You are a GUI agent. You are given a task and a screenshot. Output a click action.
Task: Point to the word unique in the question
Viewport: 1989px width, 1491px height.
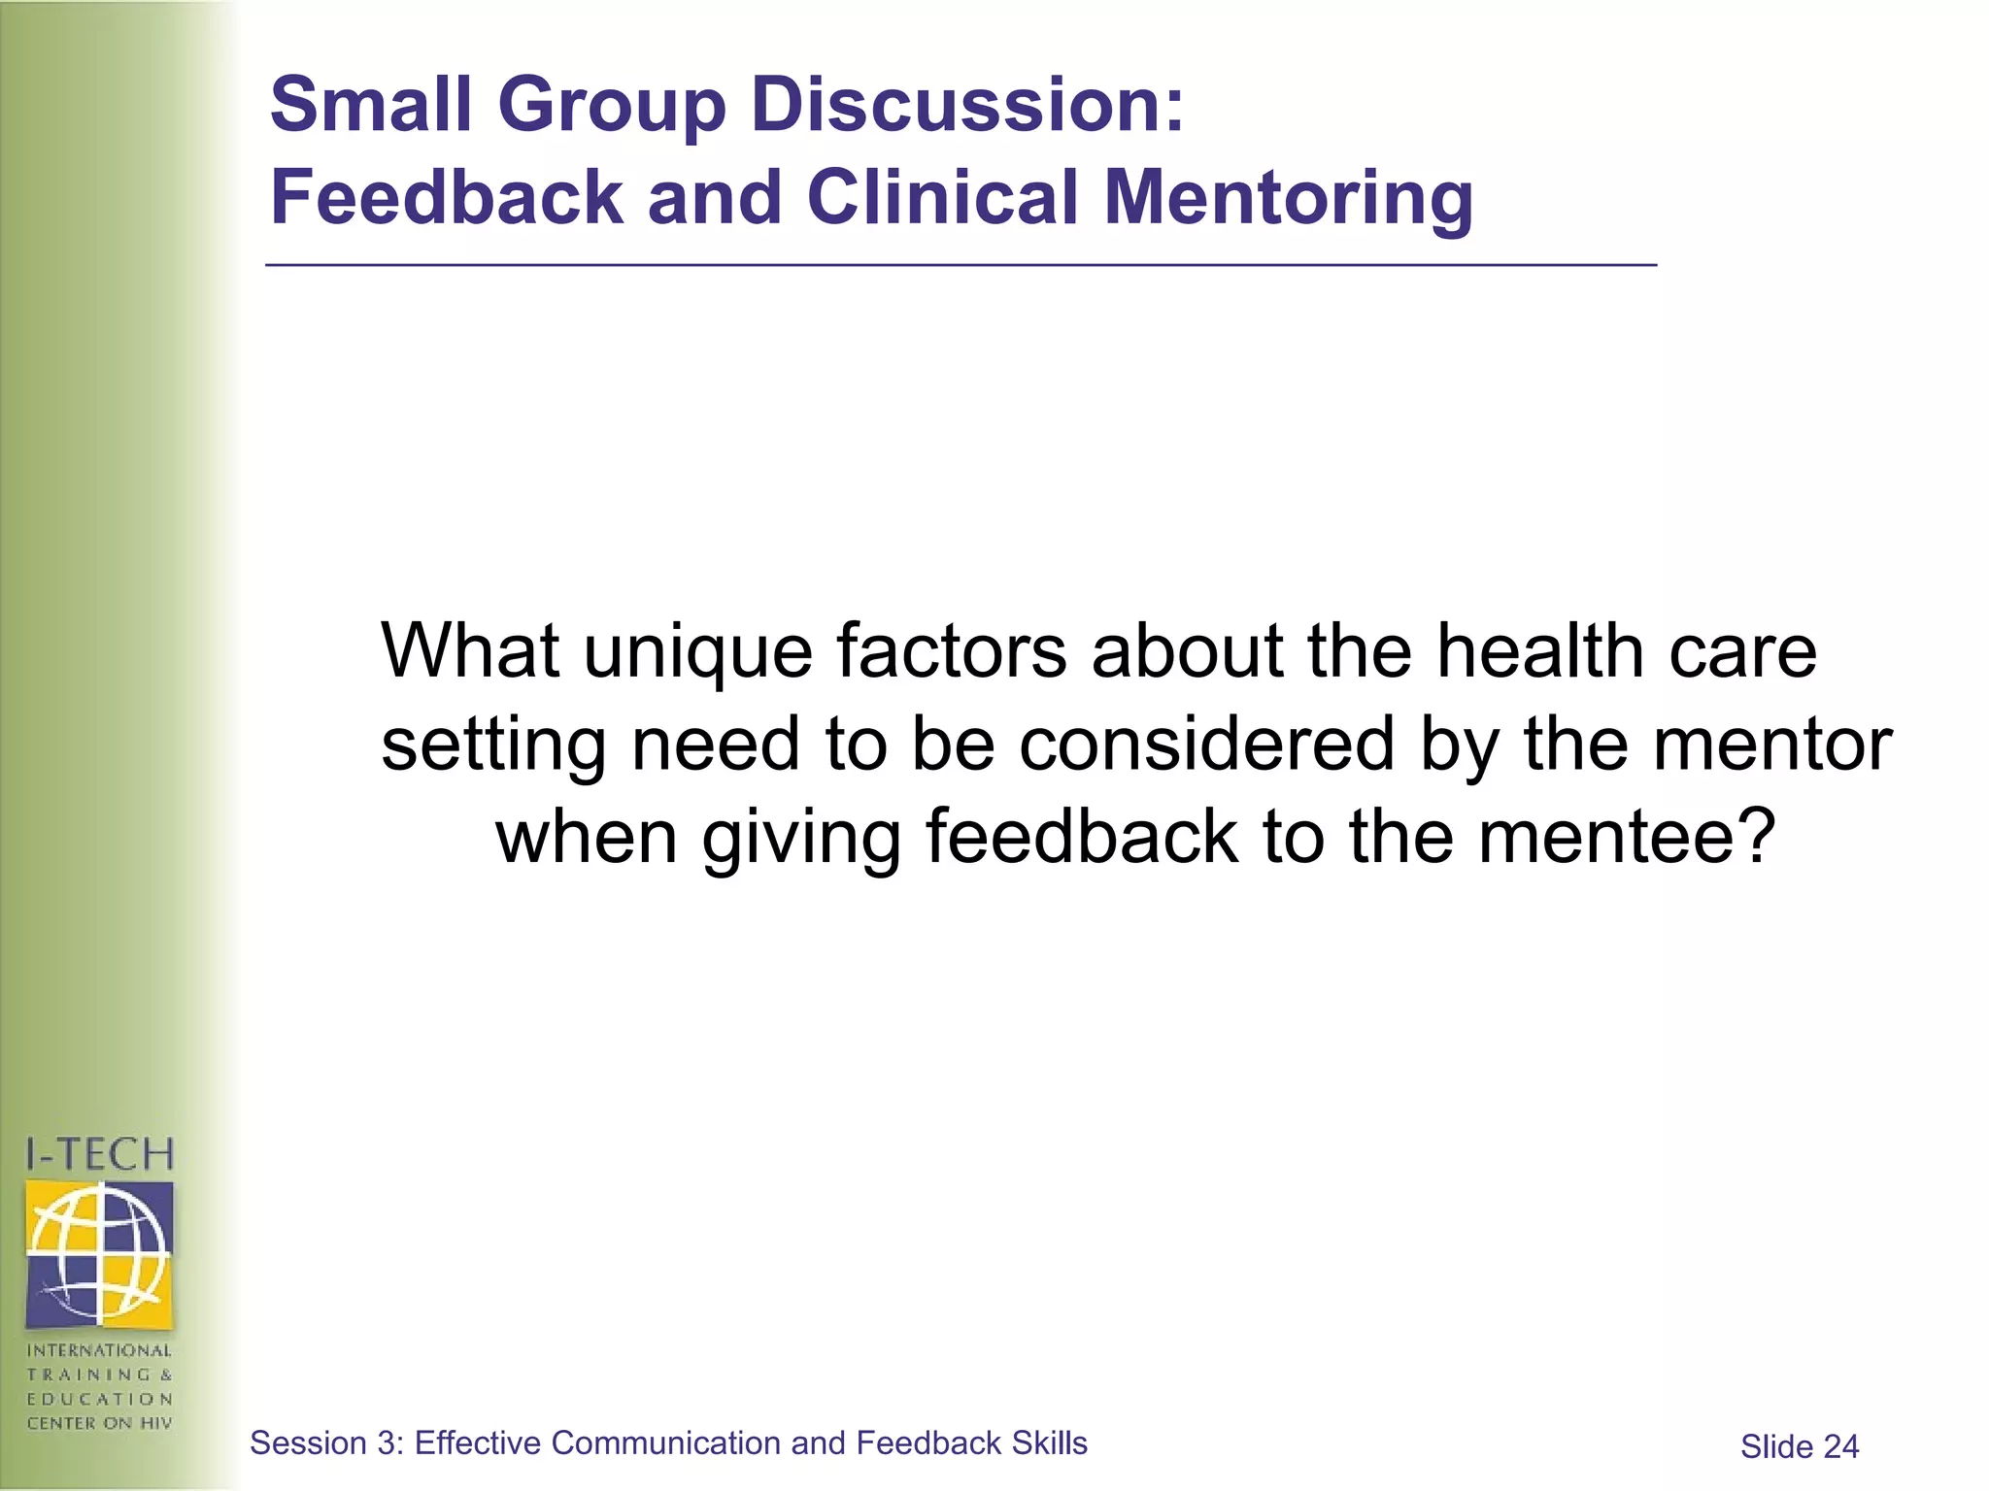click(697, 651)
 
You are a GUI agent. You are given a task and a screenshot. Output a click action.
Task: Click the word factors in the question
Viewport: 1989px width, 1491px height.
click(952, 651)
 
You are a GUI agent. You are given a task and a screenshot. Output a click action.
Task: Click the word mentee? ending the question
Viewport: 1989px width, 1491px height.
click(1627, 838)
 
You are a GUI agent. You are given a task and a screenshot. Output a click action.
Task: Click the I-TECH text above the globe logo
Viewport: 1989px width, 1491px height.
click(99, 1155)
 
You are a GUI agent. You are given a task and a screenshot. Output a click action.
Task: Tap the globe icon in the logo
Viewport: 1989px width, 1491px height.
click(99, 1253)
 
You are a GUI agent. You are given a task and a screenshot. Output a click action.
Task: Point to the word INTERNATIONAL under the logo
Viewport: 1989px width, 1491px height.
click(99, 1350)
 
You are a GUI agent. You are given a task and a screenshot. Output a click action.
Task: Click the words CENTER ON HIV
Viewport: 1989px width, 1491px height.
click(99, 1423)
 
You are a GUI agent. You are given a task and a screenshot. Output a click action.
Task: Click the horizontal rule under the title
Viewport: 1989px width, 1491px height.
click(961, 264)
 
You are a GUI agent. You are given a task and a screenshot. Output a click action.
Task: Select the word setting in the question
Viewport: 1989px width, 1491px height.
click(492, 746)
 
